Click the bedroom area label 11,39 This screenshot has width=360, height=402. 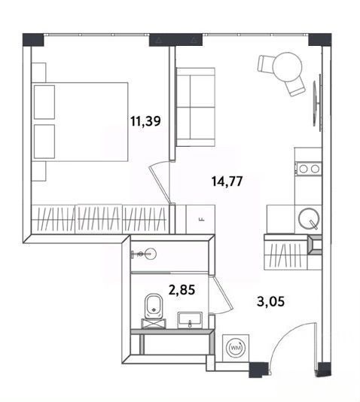click(x=145, y=121)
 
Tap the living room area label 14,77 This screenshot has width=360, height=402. click(x=227, y=181)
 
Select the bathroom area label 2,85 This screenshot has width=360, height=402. click(x=182, y=290)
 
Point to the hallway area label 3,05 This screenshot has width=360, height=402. click(x=271, y=301)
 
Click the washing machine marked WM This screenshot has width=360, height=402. click(x=236, y=348)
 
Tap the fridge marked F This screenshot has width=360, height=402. click(x=200, y=219)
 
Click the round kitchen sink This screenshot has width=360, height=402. click(x=309, y=218)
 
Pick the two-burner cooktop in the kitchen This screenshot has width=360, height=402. click(x=309, y=169)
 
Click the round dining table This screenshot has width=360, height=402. click(x=287, y=67)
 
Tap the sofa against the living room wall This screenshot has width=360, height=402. click(x=195, y=107)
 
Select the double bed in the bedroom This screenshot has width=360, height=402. click(x=80, y=122)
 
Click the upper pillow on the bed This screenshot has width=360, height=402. click(x=44, y=102)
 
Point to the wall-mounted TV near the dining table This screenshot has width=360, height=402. click(x=317, y=102)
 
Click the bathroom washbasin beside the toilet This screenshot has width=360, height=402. click(x=190, y=320)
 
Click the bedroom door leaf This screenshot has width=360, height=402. click(x=159, y=184)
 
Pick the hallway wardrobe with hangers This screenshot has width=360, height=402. click(x=285, y=255)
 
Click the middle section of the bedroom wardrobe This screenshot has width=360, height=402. click(x=99, y=219)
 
